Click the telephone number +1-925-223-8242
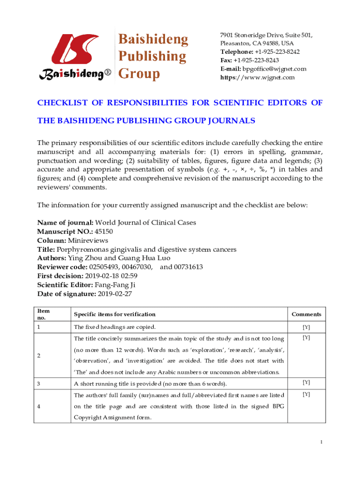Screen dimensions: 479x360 [x=277, y=52]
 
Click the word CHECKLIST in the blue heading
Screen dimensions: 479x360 [x=64, y=103]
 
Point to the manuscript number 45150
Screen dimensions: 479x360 [x=104, y=231]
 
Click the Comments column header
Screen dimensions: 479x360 [x=306, y=314]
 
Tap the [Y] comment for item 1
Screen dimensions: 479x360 [x=306, y=327]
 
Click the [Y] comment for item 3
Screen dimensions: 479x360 [x=306, y=383]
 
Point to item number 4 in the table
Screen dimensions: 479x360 [x=39, y=406]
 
